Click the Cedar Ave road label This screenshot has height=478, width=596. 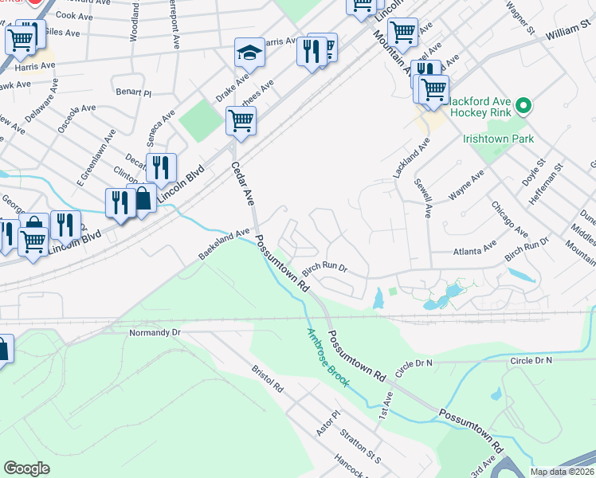pos(241,183)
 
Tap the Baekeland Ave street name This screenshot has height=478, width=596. pos(225,245)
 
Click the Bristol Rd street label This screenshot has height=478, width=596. pos(267,378)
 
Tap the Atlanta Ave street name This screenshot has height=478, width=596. pos(474,251)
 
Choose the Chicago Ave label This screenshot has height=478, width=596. pos(509,219)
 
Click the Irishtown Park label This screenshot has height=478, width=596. pos(498,139)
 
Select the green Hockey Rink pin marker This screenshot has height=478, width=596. pos(523,105)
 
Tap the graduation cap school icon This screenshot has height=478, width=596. pos(249,53)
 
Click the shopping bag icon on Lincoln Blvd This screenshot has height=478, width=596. pos(143,199)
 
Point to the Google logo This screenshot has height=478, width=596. pos(26,468)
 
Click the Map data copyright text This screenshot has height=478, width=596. pos(562,472)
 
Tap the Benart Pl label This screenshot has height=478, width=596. pos(133,93)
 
